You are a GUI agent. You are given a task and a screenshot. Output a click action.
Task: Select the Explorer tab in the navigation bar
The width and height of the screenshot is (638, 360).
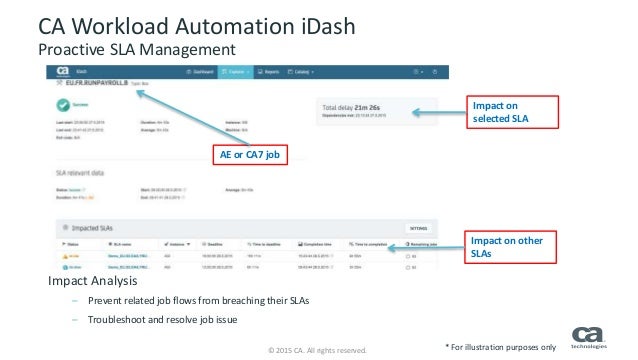[x=238, y=72]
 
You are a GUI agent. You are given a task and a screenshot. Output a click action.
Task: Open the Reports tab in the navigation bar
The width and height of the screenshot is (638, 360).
[x=271, y=72]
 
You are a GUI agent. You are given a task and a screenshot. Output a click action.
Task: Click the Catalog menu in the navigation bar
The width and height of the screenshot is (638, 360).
[x=304, y=72]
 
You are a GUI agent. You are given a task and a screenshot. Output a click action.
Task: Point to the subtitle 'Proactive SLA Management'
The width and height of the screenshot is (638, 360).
[x=136, y=47]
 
